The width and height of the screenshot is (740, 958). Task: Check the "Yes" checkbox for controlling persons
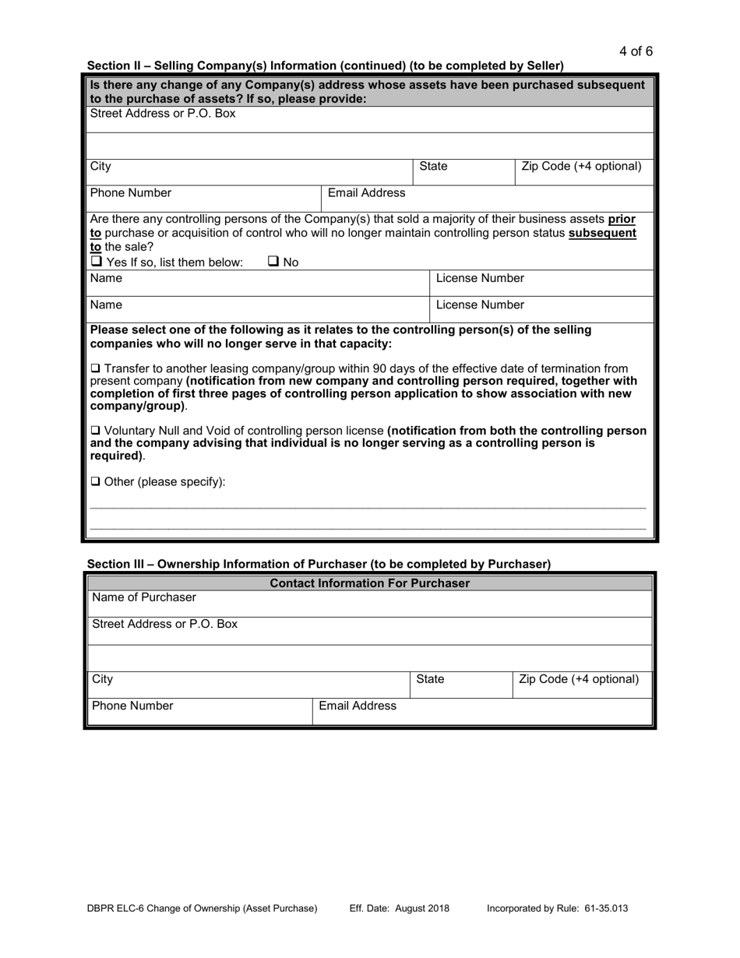96,262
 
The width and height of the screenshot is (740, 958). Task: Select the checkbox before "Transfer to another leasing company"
95,368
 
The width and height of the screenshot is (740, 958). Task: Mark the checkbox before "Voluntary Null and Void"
95,431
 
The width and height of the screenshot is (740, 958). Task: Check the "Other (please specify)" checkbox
95,481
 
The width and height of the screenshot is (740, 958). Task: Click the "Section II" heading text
325,65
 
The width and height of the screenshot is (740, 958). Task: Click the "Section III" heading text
318,564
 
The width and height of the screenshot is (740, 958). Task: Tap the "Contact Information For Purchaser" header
369,583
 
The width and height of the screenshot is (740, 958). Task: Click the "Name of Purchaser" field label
144,597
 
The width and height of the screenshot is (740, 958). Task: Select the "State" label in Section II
434,166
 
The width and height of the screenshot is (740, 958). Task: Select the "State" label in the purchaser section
430,679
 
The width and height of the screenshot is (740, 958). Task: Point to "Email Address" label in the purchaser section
358,706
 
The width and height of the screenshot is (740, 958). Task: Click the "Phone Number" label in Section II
131,192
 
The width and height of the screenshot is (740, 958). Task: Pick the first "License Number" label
480,278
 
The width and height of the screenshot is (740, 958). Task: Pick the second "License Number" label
480,305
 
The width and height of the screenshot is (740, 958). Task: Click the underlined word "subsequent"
602,233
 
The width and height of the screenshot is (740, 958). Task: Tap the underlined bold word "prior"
622,219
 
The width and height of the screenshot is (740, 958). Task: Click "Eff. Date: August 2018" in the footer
400,908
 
